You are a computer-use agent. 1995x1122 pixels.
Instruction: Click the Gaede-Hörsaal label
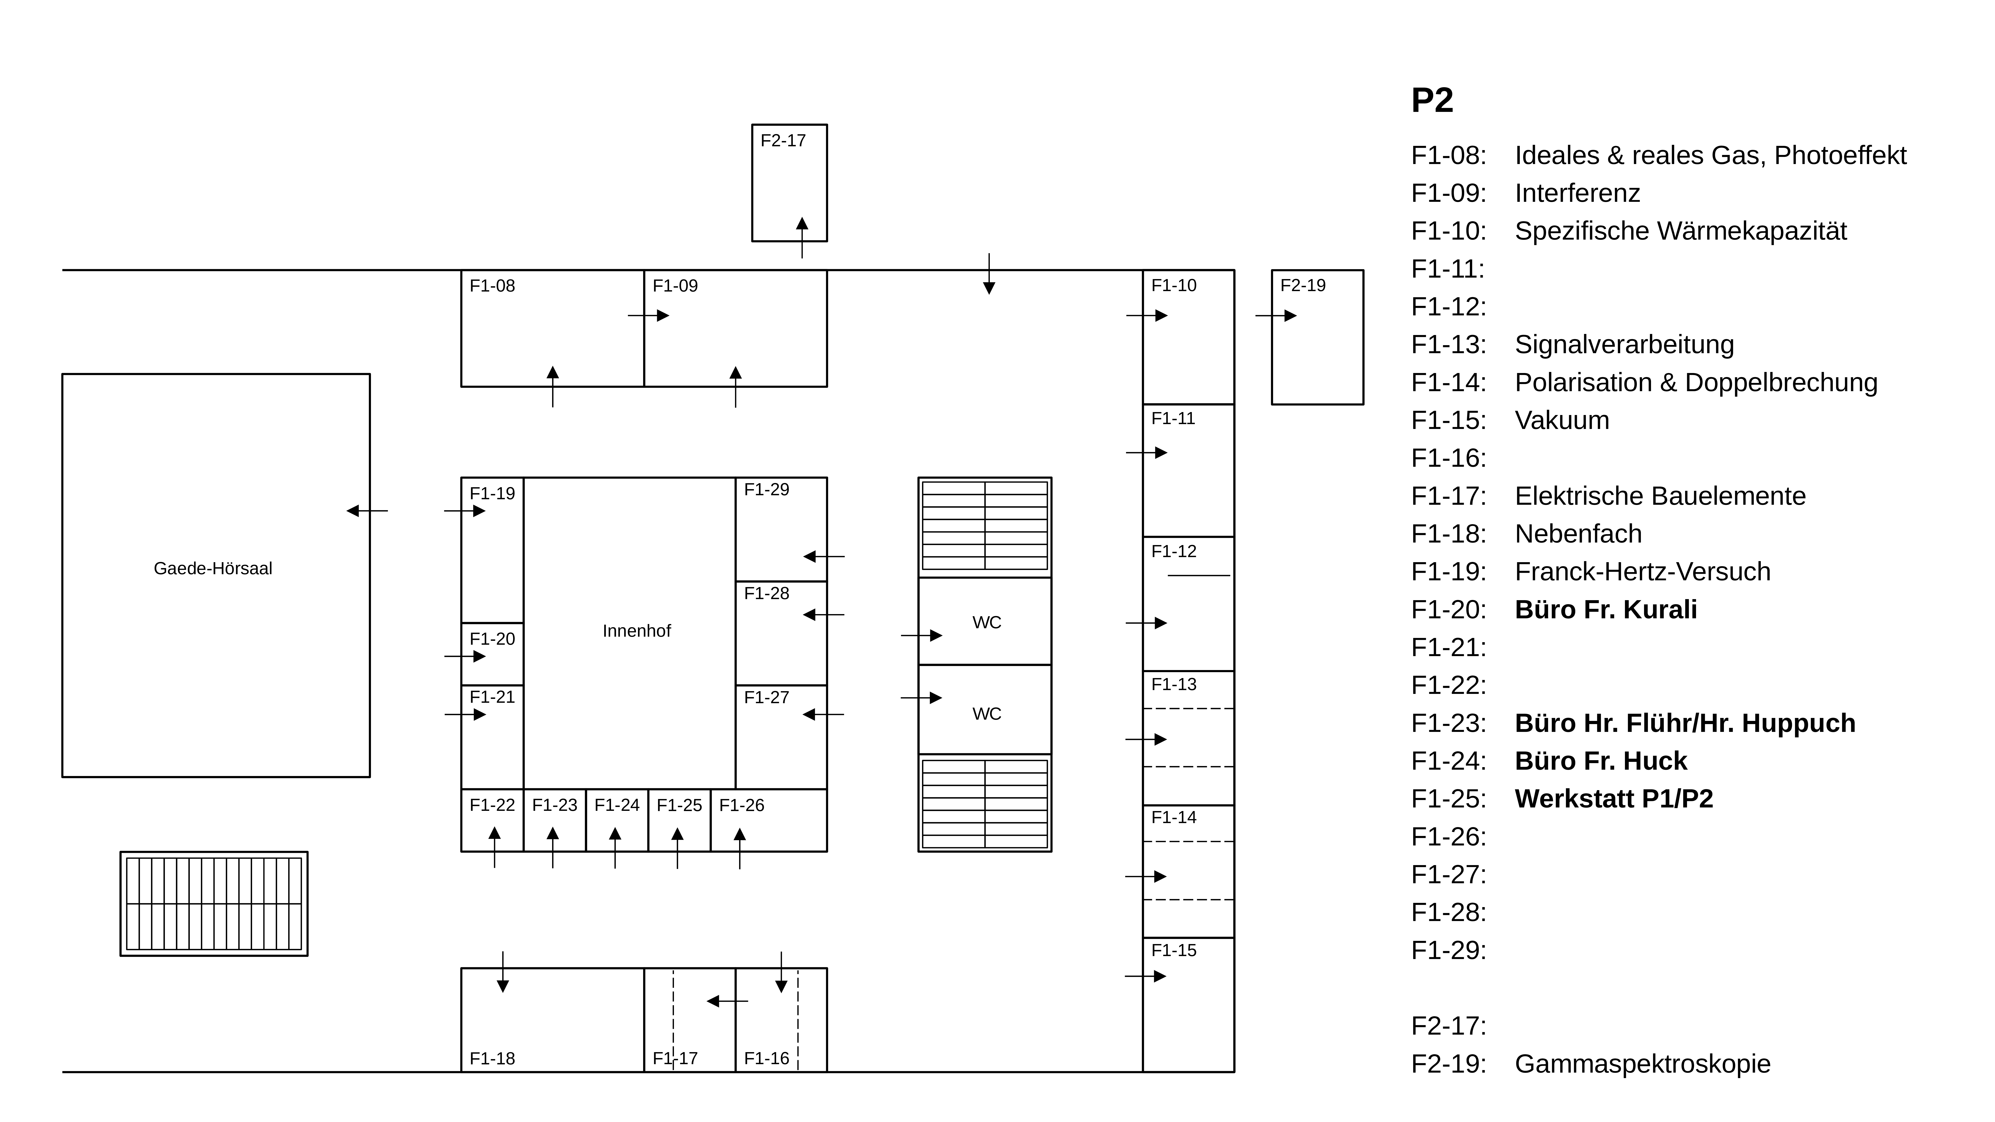pyautogui.click(x=213, y=568)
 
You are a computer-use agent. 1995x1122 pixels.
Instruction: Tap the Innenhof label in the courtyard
pyautogui.click(x=637, y=631)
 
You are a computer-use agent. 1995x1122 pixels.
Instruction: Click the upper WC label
pyautogui.click(x=987, y=623)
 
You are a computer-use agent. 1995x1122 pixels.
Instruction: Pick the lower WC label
pyautogui.click(x=987, y=714)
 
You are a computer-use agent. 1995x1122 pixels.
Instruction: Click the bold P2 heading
pyautogui.click(x=1432, y=101)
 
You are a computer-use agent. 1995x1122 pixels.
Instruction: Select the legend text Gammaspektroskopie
pyautogui.click(x=1642, y=1064)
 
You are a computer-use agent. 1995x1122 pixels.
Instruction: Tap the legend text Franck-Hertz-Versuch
pyautogui.click(x=1642, y=571)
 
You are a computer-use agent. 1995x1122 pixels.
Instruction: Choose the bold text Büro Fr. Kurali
pyautogui.click(x=1605, y=609)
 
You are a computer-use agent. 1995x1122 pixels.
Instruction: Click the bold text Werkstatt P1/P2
pyautogui.click(x=1613, y=798)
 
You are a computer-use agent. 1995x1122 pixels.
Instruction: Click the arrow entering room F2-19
pyautogui.click(x=1276, y=316)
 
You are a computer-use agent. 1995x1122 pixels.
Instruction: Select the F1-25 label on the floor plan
pyautogui.click(x=679, y=805)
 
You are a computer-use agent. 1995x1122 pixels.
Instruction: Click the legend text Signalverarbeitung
pyautogui.click(x=1624, y=345)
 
